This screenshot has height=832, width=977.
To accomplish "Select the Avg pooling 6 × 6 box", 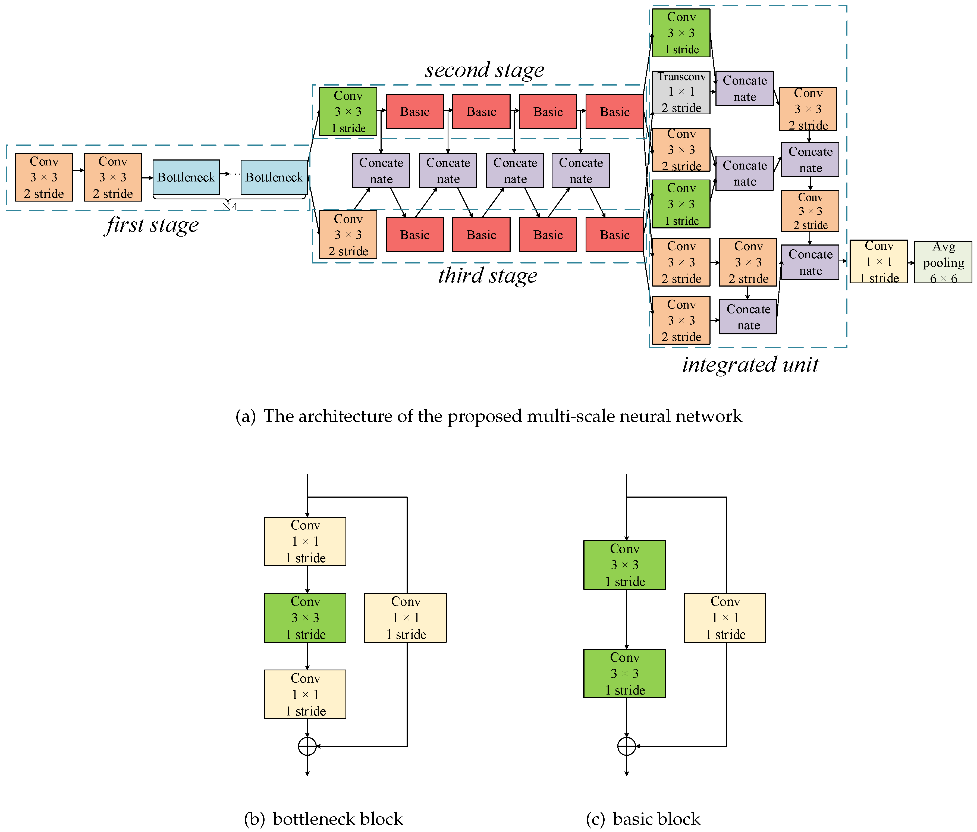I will [943, 262].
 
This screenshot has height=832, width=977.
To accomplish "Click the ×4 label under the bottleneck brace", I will [230, 206].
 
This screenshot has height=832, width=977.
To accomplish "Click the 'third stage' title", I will [488, 275].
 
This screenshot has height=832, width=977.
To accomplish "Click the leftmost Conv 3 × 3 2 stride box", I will [44, 177].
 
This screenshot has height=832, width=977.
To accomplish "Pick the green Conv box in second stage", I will [348, 112].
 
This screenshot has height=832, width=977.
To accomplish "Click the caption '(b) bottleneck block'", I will [323, 819].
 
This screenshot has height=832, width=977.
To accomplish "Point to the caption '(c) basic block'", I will [643, 819].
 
